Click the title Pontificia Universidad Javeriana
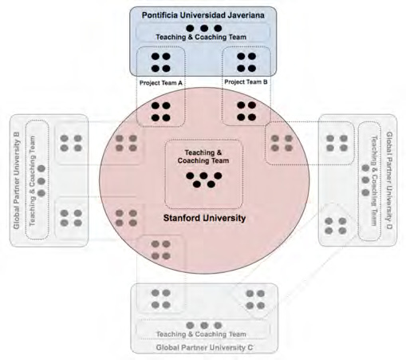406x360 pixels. click(203, 15)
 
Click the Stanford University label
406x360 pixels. click(204, 218)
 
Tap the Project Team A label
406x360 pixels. click(161, 83)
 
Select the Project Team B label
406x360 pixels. click(246, 82)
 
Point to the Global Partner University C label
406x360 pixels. click(204, 347)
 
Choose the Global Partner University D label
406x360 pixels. click(389, 180)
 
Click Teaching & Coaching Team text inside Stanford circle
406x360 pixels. click(203, 156)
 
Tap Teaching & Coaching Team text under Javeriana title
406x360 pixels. click(201, 37)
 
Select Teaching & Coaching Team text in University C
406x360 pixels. click(201, 334)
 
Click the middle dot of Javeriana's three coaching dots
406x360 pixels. click(204, 28)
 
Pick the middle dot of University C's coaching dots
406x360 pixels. click(204, 326)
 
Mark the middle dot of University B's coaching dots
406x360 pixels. click(41, 181)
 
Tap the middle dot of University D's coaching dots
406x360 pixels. click(365, 180)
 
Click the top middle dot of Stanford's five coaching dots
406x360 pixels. click(203, 176)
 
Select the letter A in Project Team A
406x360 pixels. click(180, 83)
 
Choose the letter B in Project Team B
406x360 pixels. click(265, 82)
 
